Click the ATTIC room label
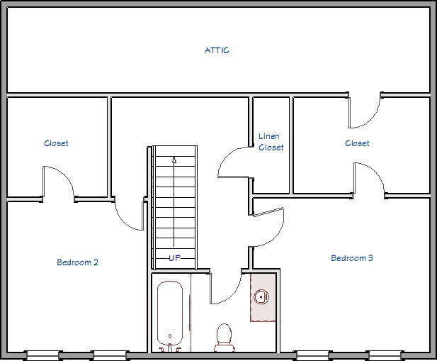(x=217, y=50)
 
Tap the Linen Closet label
(x=271, y=142)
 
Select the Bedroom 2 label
(x=77, y=262)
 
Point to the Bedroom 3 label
(x=352, y=258)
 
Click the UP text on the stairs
(x=175, y=258)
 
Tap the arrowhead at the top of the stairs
(x=174, y=160)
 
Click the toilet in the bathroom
(x=224, y=338)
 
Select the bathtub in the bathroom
(x=170, y=314)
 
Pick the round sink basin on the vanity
(x=261, y=296)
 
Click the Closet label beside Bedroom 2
(x=56, y=143)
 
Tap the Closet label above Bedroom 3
(x=357, y=143)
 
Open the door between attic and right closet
(x=364, y=111)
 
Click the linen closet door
(x=234, y=162)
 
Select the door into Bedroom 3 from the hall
(x=268, y=228)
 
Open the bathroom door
(x=225, y=288)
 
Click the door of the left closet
(x=59, y=182)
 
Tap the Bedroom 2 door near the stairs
(x=129, y=215)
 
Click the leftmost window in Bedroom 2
(x=43, y=355)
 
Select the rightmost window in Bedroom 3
(x=385, y=355)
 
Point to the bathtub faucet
(x=170, y=348)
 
